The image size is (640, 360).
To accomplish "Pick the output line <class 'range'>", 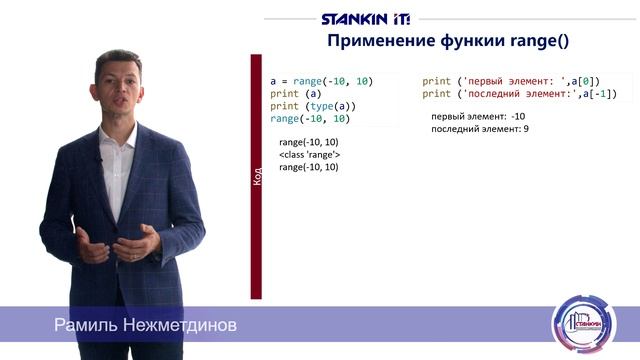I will [309, 155].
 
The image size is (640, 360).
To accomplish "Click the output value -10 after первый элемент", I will [517, 117].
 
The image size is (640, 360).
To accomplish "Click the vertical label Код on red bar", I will [257, 177].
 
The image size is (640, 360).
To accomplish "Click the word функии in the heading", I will [465, 42].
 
